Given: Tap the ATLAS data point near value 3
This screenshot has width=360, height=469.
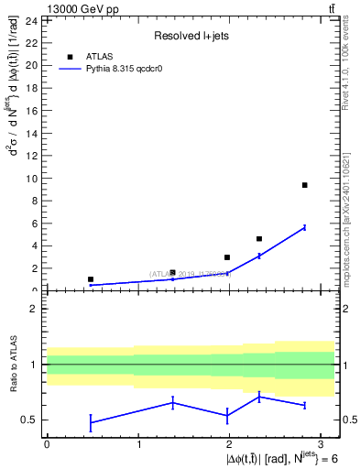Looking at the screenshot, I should coord(227,257).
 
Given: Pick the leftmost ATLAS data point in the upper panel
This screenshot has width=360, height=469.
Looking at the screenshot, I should coord(91,279).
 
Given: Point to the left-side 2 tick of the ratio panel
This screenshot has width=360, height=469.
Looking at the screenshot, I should coord(34,309).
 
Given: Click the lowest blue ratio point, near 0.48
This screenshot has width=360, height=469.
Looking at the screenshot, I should coord(91,422).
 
